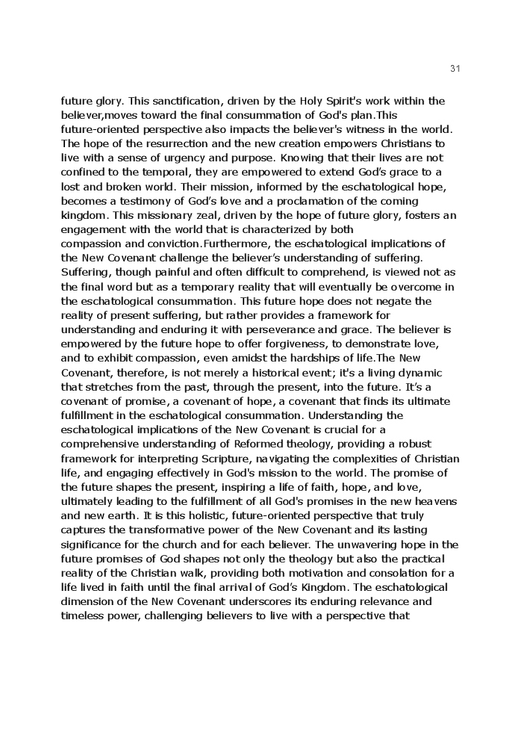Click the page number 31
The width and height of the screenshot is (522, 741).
[x=456, y=69]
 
